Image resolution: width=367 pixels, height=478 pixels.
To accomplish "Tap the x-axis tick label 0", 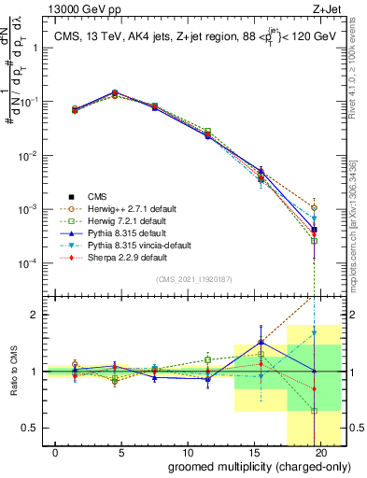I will coord(57,452).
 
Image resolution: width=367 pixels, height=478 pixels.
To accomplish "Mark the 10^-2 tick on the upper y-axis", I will coord(28,155).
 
